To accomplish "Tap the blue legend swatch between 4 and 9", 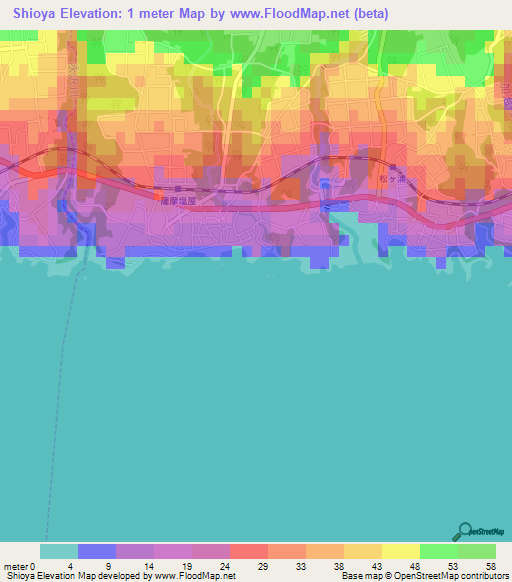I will click(x=97, y=551).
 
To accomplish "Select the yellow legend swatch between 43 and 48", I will click(x=400, y=551).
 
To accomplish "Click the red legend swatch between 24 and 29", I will click(x=248, y=551).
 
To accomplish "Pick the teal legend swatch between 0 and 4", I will click(x=59, y=551).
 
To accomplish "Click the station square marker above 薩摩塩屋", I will click(x=177, y=188).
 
